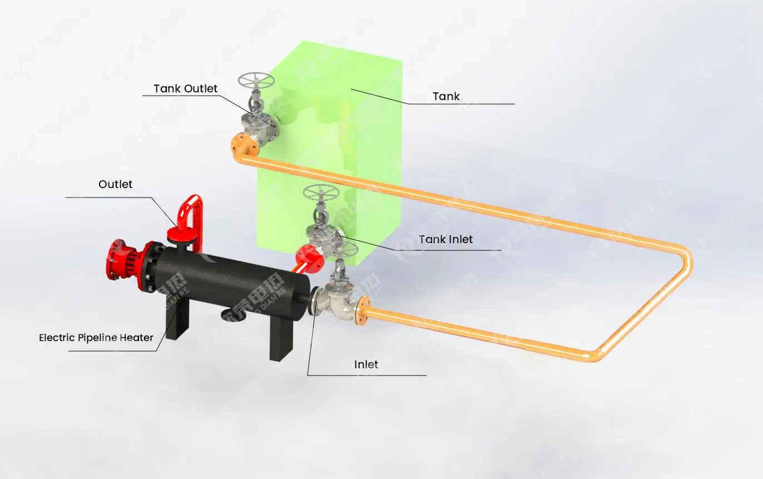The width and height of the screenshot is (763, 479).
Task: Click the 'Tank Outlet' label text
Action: tap(185, 88)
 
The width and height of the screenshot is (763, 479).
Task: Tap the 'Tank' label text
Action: tap(446, 96)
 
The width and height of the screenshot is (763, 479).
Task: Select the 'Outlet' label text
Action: tap(115, 184)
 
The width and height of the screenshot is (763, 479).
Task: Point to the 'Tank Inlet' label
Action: tap(445, 239)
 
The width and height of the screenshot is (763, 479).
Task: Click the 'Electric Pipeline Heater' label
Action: tap(96, 337)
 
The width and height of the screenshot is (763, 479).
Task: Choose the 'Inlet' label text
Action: tap(366, 364)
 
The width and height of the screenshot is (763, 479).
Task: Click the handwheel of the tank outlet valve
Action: tap(256, 81)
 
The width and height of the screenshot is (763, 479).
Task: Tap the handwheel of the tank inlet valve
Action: tap(321, 194)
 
